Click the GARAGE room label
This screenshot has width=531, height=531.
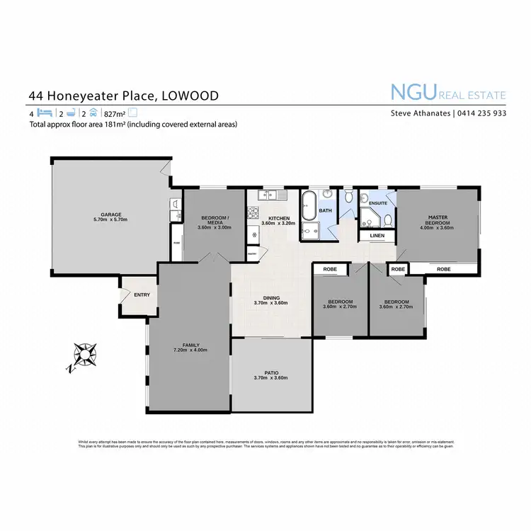(x=111, y=214)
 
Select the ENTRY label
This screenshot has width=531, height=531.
(x=142, y=295)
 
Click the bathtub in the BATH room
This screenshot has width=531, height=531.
(x=309, y=206)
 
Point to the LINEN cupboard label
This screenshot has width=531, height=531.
(x=377, y=235)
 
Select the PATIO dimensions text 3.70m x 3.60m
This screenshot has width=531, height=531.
(x=270, y=377)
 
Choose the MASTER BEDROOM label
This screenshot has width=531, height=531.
(x=439, y=220)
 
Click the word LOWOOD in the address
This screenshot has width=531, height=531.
(x=190, y=96)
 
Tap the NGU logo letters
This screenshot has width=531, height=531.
(x=413, y=93)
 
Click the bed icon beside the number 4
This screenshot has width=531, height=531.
(x=44, y=113)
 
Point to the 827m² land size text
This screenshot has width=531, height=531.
(x=113, y=113)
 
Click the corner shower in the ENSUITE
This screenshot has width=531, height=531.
(x=370, y=217)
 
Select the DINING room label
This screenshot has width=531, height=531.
(x=271, y=297)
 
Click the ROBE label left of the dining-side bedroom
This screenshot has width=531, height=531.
(x=330, y=269)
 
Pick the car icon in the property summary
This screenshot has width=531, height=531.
(x=93, y=113)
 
